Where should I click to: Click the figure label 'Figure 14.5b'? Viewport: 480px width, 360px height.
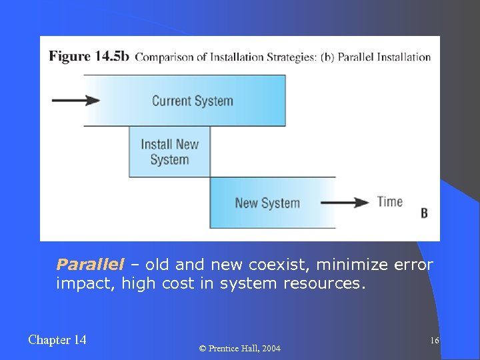[89, 56]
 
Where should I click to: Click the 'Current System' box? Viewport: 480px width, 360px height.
[192, 101]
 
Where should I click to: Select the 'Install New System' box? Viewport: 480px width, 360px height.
[169, 152]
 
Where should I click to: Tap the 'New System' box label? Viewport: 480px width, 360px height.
[267, 203]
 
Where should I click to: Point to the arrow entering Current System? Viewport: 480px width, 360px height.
[75, 101]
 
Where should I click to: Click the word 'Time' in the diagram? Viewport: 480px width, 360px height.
[390, 201]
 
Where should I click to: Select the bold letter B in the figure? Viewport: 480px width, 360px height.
[424, 214]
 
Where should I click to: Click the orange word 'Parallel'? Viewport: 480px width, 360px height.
[90, 265]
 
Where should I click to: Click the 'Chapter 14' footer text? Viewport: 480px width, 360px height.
[57, 340]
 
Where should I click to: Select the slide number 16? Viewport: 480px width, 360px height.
[434, 341]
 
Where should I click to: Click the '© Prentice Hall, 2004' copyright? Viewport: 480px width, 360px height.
[240, 349]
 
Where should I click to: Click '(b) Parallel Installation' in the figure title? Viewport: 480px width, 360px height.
[375, 57]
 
